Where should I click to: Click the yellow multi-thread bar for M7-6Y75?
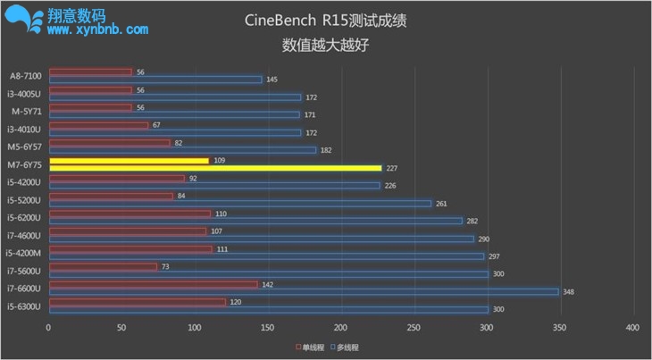[x=215, y=168]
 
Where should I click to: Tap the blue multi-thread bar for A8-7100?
[x=155, y=80]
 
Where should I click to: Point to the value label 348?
[x=569, y=291]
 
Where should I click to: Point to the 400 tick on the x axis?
[x=632, y=328]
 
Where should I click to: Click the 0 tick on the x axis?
[x=49, y=328]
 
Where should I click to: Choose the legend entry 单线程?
[x=311, y=347]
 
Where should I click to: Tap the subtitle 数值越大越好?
[x=325, y=43]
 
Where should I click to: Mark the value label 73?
[x=165, y=266]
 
